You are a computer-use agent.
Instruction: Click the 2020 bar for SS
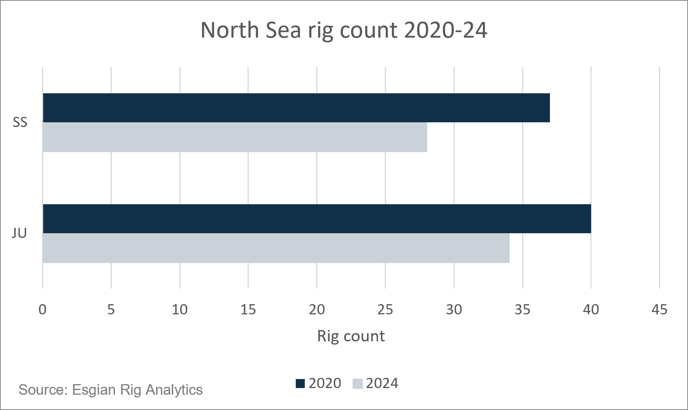pos(296,108)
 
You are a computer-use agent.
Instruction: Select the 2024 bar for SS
pos(235,137)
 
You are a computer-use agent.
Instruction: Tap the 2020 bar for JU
pos(317,219)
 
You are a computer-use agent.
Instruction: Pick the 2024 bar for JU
pos(276,248)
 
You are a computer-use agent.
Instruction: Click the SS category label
pos(20,123)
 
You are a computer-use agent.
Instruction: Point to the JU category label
pos(19,234)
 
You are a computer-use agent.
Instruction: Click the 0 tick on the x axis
pos(42,310)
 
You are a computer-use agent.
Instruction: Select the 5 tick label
pos(111,310)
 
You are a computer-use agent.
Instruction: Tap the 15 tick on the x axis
pos(248,310)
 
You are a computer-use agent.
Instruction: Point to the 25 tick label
pos(385,310)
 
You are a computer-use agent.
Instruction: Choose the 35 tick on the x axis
pos(522,310)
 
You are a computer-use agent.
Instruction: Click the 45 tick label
pos(659,310)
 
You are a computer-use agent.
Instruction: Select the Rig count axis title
pos(351,336)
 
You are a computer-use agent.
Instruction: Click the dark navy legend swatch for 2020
pos(300,383)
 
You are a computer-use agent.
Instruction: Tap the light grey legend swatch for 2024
pos(358,383)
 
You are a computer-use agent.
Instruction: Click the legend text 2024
pos(382,383)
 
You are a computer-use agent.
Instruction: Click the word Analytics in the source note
pos(174,390)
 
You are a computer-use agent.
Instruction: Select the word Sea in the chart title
pos(283,30)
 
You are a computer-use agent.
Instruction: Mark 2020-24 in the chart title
pos(446,30)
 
